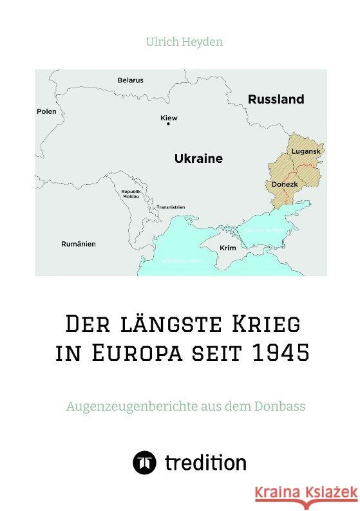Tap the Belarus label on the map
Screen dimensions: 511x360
[x=130, y=80]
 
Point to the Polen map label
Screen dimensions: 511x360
[x=46, y=111]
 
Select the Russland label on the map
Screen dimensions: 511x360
[x=276, y=100]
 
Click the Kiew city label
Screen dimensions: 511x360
[x=169, y=118]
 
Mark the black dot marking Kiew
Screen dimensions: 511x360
[x=168, y=125]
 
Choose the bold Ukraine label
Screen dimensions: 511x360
[x=198, y=158]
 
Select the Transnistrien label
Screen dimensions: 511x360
[x=171, y=207]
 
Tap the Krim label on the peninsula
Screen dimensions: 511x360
[x=227, y=248]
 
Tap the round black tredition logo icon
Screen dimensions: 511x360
[x=144, y=463]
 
